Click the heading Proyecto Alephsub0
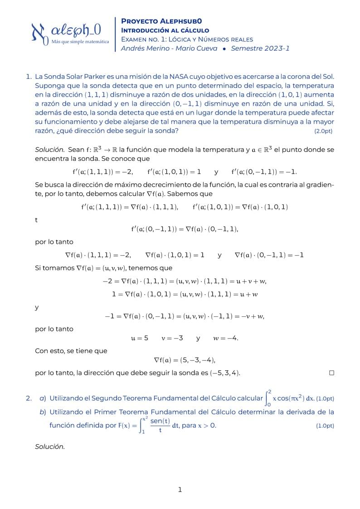pos(161,21)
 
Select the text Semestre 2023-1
pos(260,48)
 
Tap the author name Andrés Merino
pos(145,48)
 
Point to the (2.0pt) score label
pos(323,131)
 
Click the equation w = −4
pos(226,338)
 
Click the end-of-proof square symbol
pos(331,373)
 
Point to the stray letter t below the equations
pos(36,220)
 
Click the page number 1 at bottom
pos(180,490)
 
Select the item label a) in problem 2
pos(43,398)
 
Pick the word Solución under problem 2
pos(50,446)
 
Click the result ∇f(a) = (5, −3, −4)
pos(184,360)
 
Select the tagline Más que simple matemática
pos(81,41)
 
